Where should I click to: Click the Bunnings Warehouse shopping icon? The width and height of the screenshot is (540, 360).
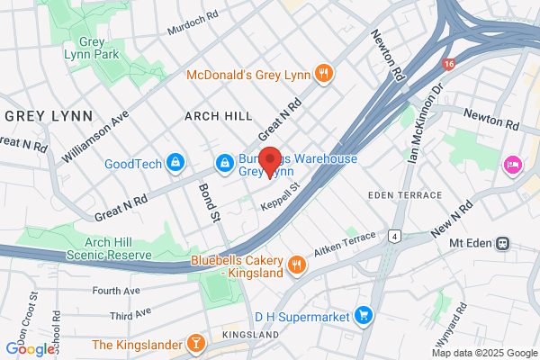point(224,163)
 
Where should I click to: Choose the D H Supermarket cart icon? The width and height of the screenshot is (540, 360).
point(364,314)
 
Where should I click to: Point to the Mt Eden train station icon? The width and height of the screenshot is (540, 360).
point(504,242)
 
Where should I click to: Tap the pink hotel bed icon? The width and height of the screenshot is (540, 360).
point(512,165)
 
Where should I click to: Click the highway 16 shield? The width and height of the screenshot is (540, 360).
point(449,65)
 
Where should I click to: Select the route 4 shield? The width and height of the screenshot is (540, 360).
point(393,237)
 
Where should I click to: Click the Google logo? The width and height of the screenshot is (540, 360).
point(30,349)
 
